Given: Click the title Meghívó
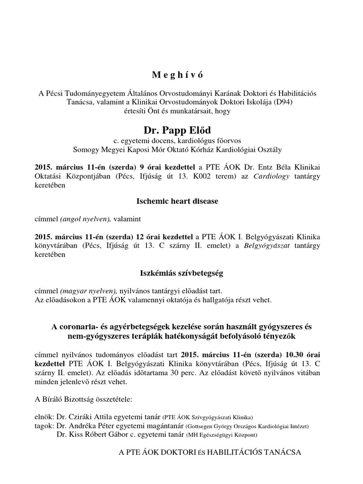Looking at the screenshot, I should tap(181, 75).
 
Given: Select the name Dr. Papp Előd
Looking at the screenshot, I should tap(181, 130).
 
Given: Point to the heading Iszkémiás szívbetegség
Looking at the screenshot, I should tap(181, 273).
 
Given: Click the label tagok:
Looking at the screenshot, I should tap(45, 426).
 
